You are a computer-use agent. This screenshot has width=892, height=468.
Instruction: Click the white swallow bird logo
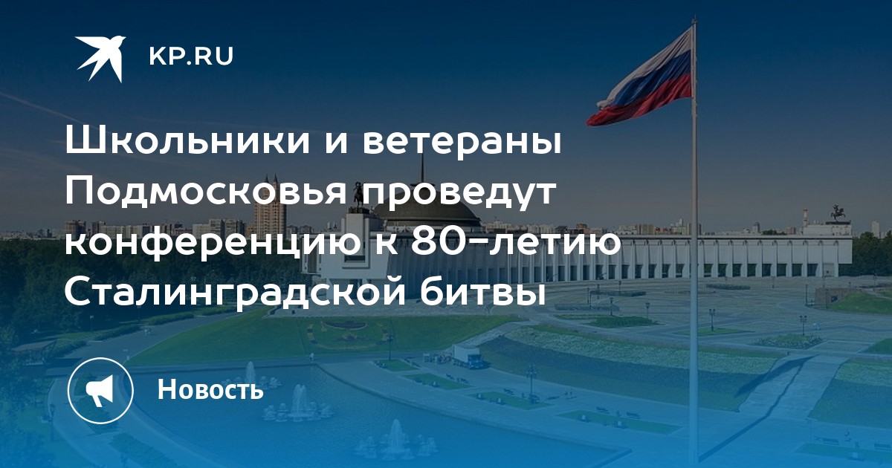click(101, 58)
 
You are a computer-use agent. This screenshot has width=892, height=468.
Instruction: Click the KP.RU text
click(191, 56)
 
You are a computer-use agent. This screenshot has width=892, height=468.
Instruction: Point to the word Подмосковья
click(206, 192)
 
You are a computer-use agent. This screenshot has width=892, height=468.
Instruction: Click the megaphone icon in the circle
click(100, 390)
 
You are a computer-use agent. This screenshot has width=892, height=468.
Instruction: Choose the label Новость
click(210, 389)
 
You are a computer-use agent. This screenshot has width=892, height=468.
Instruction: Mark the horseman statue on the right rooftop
click(839, 214)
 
